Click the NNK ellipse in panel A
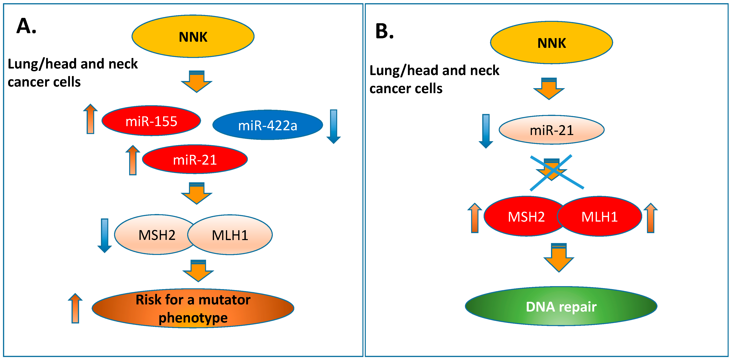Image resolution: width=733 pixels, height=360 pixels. point(193,36)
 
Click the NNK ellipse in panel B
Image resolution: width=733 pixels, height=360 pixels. point(551,43)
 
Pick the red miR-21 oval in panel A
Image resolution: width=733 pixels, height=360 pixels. point(195,159)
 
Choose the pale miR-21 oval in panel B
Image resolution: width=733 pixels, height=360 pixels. point(551,130)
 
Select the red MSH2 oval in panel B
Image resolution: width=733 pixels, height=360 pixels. point(522,216)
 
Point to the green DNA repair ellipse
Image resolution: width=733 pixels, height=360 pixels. point(561,306)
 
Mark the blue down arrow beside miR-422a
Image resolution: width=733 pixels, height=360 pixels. point(333,126)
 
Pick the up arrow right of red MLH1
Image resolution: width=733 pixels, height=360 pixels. point(651,218)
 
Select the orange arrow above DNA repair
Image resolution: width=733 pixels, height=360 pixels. point(559,258)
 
